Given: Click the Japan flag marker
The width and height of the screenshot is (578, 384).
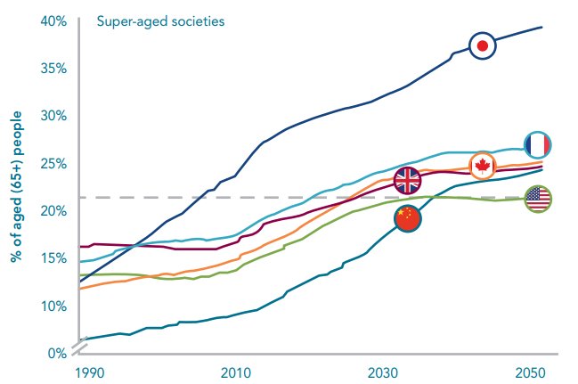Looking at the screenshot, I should click(x=482, y=45).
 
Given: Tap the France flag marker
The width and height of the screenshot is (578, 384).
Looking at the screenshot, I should click(x=538, y=145).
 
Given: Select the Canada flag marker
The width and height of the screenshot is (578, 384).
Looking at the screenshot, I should click(x=482, y=165).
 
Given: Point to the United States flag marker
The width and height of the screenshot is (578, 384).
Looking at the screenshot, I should click(x=538, y=200).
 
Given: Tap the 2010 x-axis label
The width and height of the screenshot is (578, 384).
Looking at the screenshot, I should click(x=235, y=372).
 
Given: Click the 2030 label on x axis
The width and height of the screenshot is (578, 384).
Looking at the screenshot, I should click(x=384, y=372).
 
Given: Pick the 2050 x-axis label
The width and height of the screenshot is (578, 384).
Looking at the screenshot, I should click(x=531, y=372).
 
